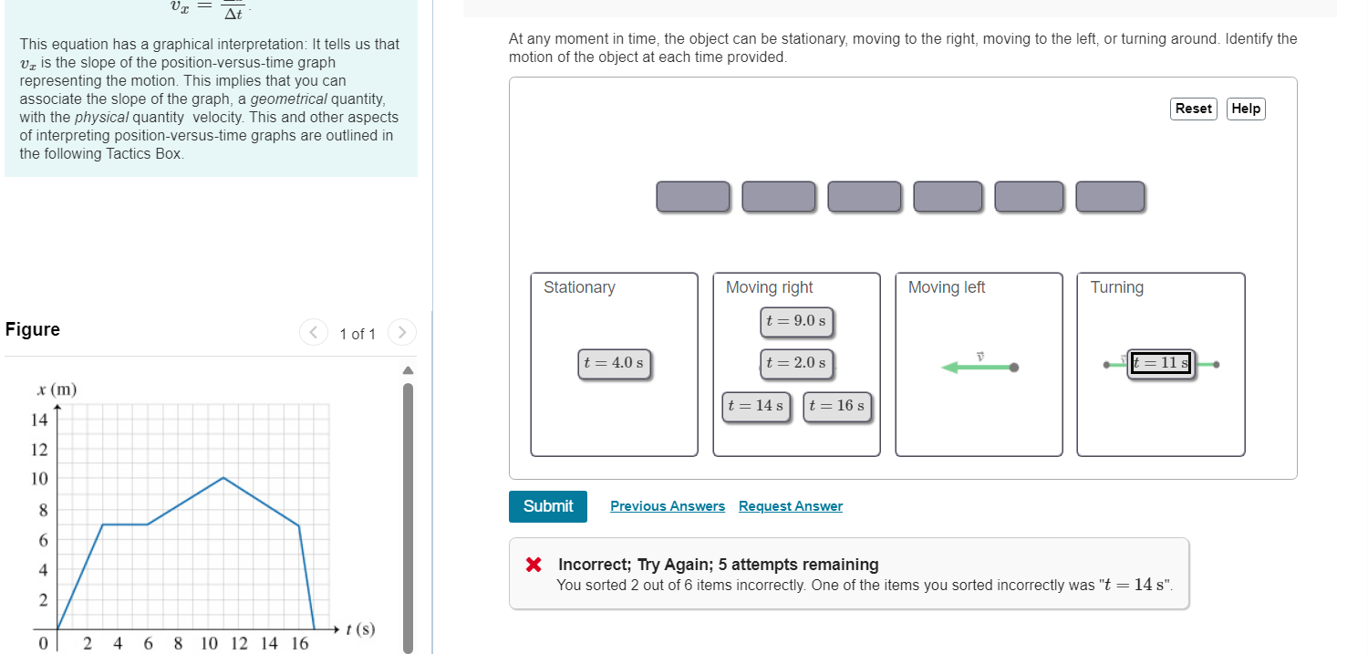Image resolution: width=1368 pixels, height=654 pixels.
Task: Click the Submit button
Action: point(548,506)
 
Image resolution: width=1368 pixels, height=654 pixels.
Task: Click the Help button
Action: point(1246,109)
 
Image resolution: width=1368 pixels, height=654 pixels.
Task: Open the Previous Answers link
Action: point(668,506)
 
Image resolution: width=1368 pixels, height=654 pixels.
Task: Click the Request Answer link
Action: point(791,506)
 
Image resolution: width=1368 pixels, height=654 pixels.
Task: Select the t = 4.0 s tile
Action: point(614,363)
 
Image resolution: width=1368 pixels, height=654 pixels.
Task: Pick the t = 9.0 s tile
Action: point(796,321)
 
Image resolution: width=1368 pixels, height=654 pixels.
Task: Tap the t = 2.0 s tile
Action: point(796,363)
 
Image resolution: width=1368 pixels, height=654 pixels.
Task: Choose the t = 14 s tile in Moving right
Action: point(756,406)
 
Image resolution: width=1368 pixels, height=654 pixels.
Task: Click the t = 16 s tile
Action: point(837,406)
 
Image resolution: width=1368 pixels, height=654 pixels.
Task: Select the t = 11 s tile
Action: point(1160,363)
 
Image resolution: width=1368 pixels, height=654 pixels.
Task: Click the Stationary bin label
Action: point(579,287)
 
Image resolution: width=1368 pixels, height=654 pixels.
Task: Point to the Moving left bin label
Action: point(947,287)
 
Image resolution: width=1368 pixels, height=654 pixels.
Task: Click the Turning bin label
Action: point(1116,287)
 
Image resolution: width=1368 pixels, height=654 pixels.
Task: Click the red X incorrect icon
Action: point(534,565)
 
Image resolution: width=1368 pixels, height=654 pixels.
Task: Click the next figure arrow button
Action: point(402,333)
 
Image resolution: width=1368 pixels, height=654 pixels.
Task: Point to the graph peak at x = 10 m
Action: point(223,478)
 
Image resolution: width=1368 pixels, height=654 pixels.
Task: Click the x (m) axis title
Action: point(57,389)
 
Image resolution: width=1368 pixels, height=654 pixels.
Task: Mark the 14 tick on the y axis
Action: point(39,420)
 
